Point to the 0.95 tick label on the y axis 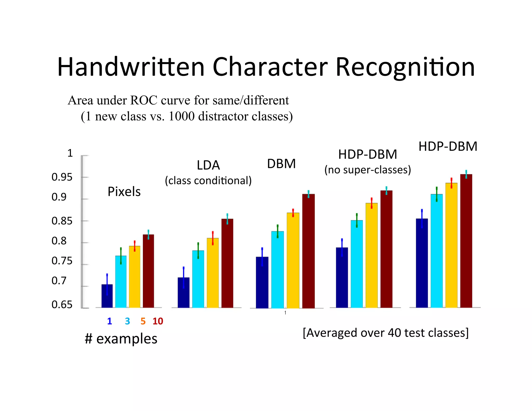click(62, 177)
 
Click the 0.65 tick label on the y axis click(62, 304)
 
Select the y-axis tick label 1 click(70, 153)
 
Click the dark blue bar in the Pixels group click(107, 296)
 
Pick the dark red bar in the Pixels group click(148, 271)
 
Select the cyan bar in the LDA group click(198, 279)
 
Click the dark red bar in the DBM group click(309, 251)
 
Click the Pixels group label click(124, 192)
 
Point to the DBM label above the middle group click(281, 164)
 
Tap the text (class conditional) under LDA click(208, 181)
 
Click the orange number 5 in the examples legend click(143, 321)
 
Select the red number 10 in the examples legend click(158, 321)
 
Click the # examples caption click(121, 339)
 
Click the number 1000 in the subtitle click(182, 116)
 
